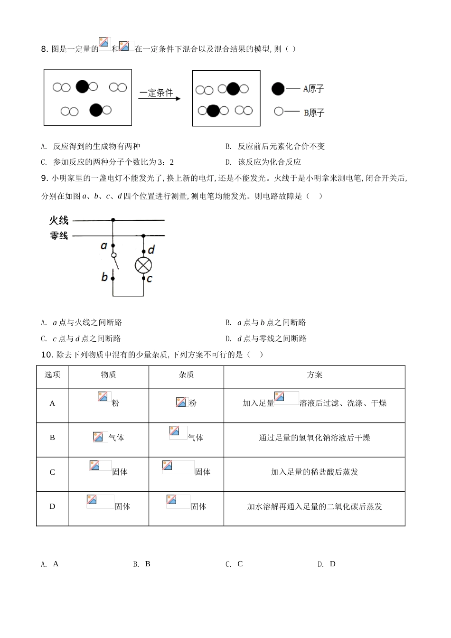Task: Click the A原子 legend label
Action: [x=313, y=89]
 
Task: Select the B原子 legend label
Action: [x=314, y=112]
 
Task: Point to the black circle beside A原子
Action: [x=278, y=89]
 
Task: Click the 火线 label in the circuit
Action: [x=59, y=220]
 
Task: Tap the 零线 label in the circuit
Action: [x=59, y=235]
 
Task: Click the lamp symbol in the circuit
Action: [x=143, y=265]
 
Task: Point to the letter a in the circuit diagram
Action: [x=104, y=246]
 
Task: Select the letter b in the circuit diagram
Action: [x=104, y=276]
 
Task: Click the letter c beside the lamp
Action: [x=150, y=279]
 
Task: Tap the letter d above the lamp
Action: [x=151, y=250]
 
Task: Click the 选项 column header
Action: [x=52, y=375]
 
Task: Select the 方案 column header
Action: [x=314, y=375]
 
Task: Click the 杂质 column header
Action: [x=186, y=375]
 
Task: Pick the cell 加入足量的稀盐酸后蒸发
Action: [x=314, y=472]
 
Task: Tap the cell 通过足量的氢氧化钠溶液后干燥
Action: [x=314, y=438]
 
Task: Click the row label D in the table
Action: [x=52, y=507]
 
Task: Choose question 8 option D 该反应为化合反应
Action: [x=269, y=162]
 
